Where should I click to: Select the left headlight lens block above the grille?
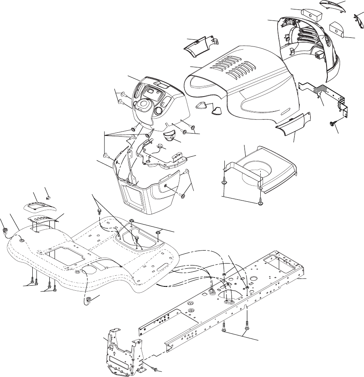[x=312, y=15]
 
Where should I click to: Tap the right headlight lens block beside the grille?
[x=337, y=28]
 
